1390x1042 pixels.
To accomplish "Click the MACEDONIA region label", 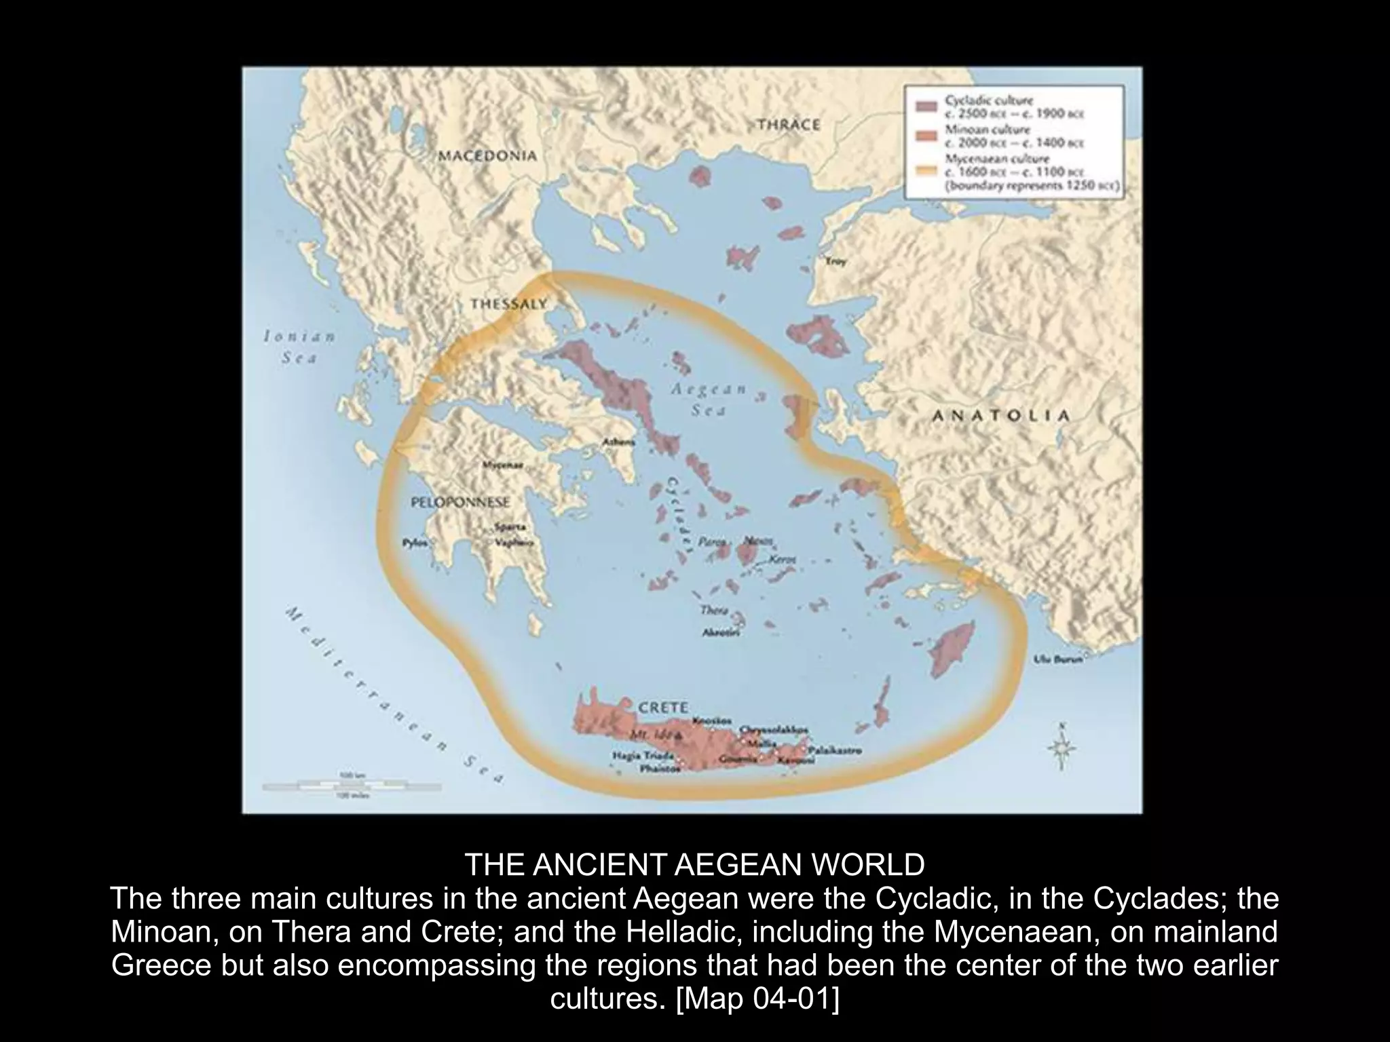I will (x=487, y=155).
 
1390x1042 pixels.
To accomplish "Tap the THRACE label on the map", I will (x=788, y=125).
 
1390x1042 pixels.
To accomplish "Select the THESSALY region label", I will (x=508, y=305).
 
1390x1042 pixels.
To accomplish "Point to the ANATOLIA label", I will (x=1001, y=416).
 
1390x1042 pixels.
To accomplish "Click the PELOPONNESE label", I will (x=460, y=503).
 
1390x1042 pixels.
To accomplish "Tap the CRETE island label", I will (x=663, y=707).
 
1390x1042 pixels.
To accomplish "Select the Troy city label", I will (x=836, y=261).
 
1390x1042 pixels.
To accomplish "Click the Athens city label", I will (x=618, y=442).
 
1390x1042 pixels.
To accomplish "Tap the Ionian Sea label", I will (x=299, y=347).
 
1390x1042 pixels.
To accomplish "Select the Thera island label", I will (x=713, y=611).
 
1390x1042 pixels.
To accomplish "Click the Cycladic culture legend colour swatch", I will (x=926, y=107).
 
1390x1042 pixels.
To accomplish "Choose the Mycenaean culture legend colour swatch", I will (x=926, y=168).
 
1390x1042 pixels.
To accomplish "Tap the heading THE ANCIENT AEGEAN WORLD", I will (x=694, y=865).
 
